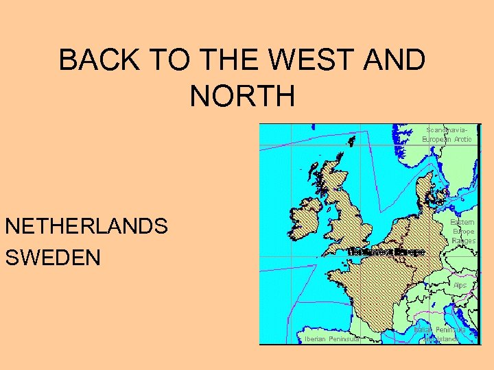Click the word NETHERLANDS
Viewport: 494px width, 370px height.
(x=86, y=227)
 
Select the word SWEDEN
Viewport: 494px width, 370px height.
(x=53, y=258)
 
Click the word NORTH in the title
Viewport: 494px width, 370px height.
(x=242, y=96)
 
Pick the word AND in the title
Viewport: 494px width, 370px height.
(x=398, y=61)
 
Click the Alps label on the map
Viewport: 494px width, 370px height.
(x=460, y=284)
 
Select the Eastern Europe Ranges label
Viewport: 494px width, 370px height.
(x=463, y=232)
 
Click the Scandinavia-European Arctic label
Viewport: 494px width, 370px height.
(x=447, y=134)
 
